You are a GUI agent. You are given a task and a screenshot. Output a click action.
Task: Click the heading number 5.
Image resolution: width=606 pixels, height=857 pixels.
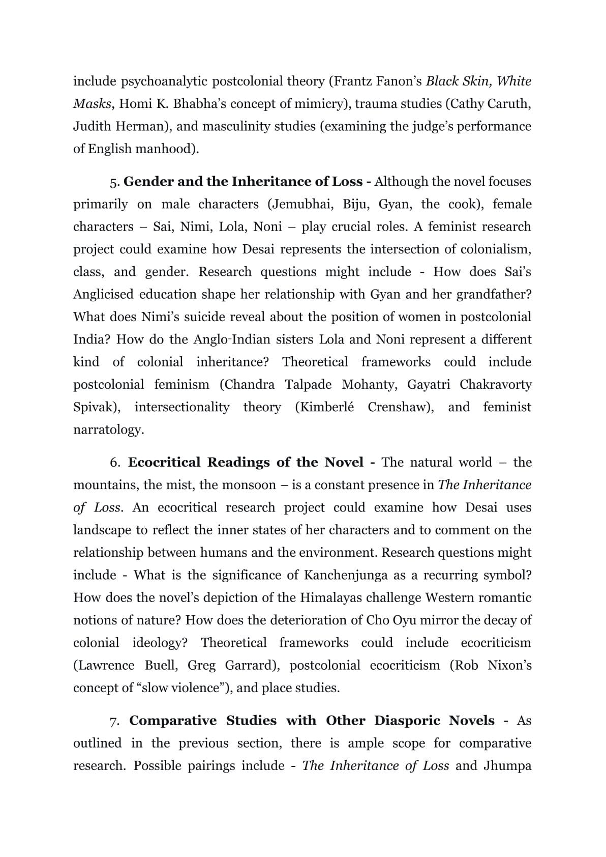(114, 182)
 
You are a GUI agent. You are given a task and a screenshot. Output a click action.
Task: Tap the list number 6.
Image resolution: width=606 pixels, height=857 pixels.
(115, 463)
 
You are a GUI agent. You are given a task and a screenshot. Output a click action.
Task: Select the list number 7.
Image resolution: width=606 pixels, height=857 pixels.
(115, 721)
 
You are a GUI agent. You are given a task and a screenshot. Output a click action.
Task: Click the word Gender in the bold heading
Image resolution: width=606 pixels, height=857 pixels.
(147, 182)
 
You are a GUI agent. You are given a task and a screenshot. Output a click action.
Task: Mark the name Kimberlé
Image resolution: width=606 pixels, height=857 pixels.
(324, 407)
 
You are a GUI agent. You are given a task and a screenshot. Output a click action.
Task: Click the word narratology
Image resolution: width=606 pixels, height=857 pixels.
(108, 430)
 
